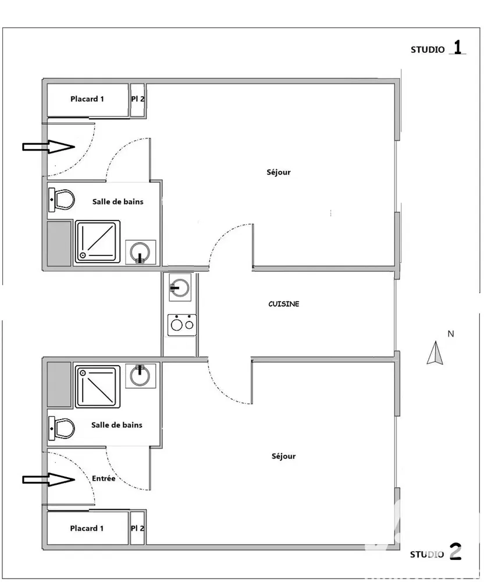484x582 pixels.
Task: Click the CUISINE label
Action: point(284,304)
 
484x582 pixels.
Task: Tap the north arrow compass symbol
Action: point(435,353)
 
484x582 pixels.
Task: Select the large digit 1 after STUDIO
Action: point(458,47)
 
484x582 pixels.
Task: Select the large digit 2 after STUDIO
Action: point(455,551)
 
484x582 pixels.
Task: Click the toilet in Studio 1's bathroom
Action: point(62,200)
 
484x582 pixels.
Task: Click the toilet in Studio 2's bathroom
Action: point(62,428)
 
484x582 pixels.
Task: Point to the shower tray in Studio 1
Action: point(98,242)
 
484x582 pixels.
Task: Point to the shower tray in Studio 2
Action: point(98,387)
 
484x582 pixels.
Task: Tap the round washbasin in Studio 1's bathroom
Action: point(140,253)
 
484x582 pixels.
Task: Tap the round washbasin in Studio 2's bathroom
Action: point(140,376)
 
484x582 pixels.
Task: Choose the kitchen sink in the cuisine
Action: point(180,288)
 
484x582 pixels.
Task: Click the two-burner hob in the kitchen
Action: point(181,325)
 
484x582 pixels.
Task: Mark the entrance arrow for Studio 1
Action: point(49,147)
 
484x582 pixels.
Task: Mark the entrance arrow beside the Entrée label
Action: point(49,480)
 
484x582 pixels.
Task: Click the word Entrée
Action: point(104,478)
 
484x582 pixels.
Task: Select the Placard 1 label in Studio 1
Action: point(87,99)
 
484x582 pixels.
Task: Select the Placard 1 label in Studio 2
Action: point(87,528)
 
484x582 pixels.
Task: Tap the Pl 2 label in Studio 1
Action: point(138,99)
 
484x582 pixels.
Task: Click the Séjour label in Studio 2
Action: point(284,456)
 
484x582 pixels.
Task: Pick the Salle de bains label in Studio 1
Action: point(118,201)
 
